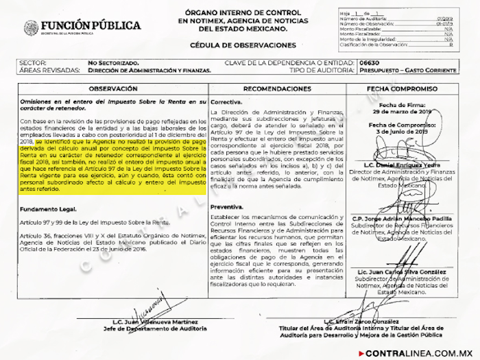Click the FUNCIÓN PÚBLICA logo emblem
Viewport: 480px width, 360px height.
point(31,27)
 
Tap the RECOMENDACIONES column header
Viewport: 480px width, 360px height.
point(277,89)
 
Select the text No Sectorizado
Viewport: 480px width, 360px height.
point(113,62)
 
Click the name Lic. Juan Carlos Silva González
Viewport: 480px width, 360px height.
point(401,272)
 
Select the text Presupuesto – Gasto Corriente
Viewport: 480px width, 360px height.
point(410,70)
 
